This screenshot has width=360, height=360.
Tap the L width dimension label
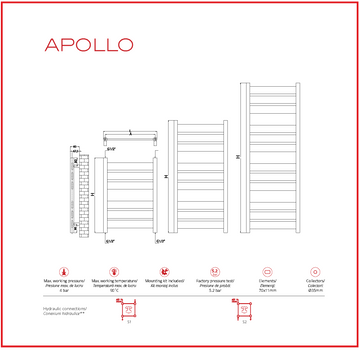131,131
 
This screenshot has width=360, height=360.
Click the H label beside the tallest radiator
237,156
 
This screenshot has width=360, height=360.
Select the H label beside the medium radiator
166,178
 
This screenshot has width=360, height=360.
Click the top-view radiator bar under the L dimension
131,140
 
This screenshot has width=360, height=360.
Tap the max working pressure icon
64,271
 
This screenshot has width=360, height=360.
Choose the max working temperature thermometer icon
114,271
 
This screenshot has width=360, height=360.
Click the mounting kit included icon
164,271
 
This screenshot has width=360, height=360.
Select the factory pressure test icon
214,271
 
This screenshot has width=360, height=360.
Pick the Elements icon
265,271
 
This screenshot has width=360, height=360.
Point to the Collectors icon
315,271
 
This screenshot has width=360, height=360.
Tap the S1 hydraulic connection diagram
128,311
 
